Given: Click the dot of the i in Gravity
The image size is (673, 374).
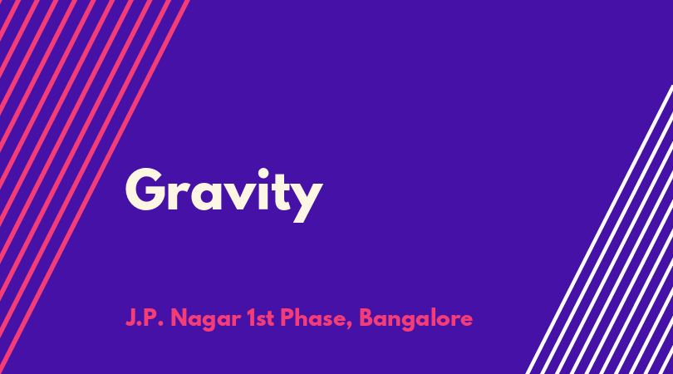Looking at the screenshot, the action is pyautogui.click(x=263, y=174).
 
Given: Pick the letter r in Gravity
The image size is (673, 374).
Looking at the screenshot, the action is pyautogui.click(x=178, y=195).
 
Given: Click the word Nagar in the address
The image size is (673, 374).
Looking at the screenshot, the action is pyautogui.click(x=205, y=319).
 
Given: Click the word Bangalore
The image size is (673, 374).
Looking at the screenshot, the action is pyautogui.click(x=415, y=319).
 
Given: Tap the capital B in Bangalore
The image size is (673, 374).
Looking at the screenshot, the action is pyautogui.click(x=366, y=317).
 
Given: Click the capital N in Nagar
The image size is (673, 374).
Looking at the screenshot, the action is pyautogui.click(x=179, y=317).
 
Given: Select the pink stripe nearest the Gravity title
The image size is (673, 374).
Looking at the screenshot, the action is pyautogui.click(x=95, y=187).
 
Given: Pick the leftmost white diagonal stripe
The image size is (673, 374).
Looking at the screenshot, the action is pyautogui.click(x=600, y=229).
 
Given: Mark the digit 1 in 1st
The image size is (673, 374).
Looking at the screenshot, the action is pyautogui.click(x=251, y=317).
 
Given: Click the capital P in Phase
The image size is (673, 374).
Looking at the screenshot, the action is pyautogui.click(x=287, y=317).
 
